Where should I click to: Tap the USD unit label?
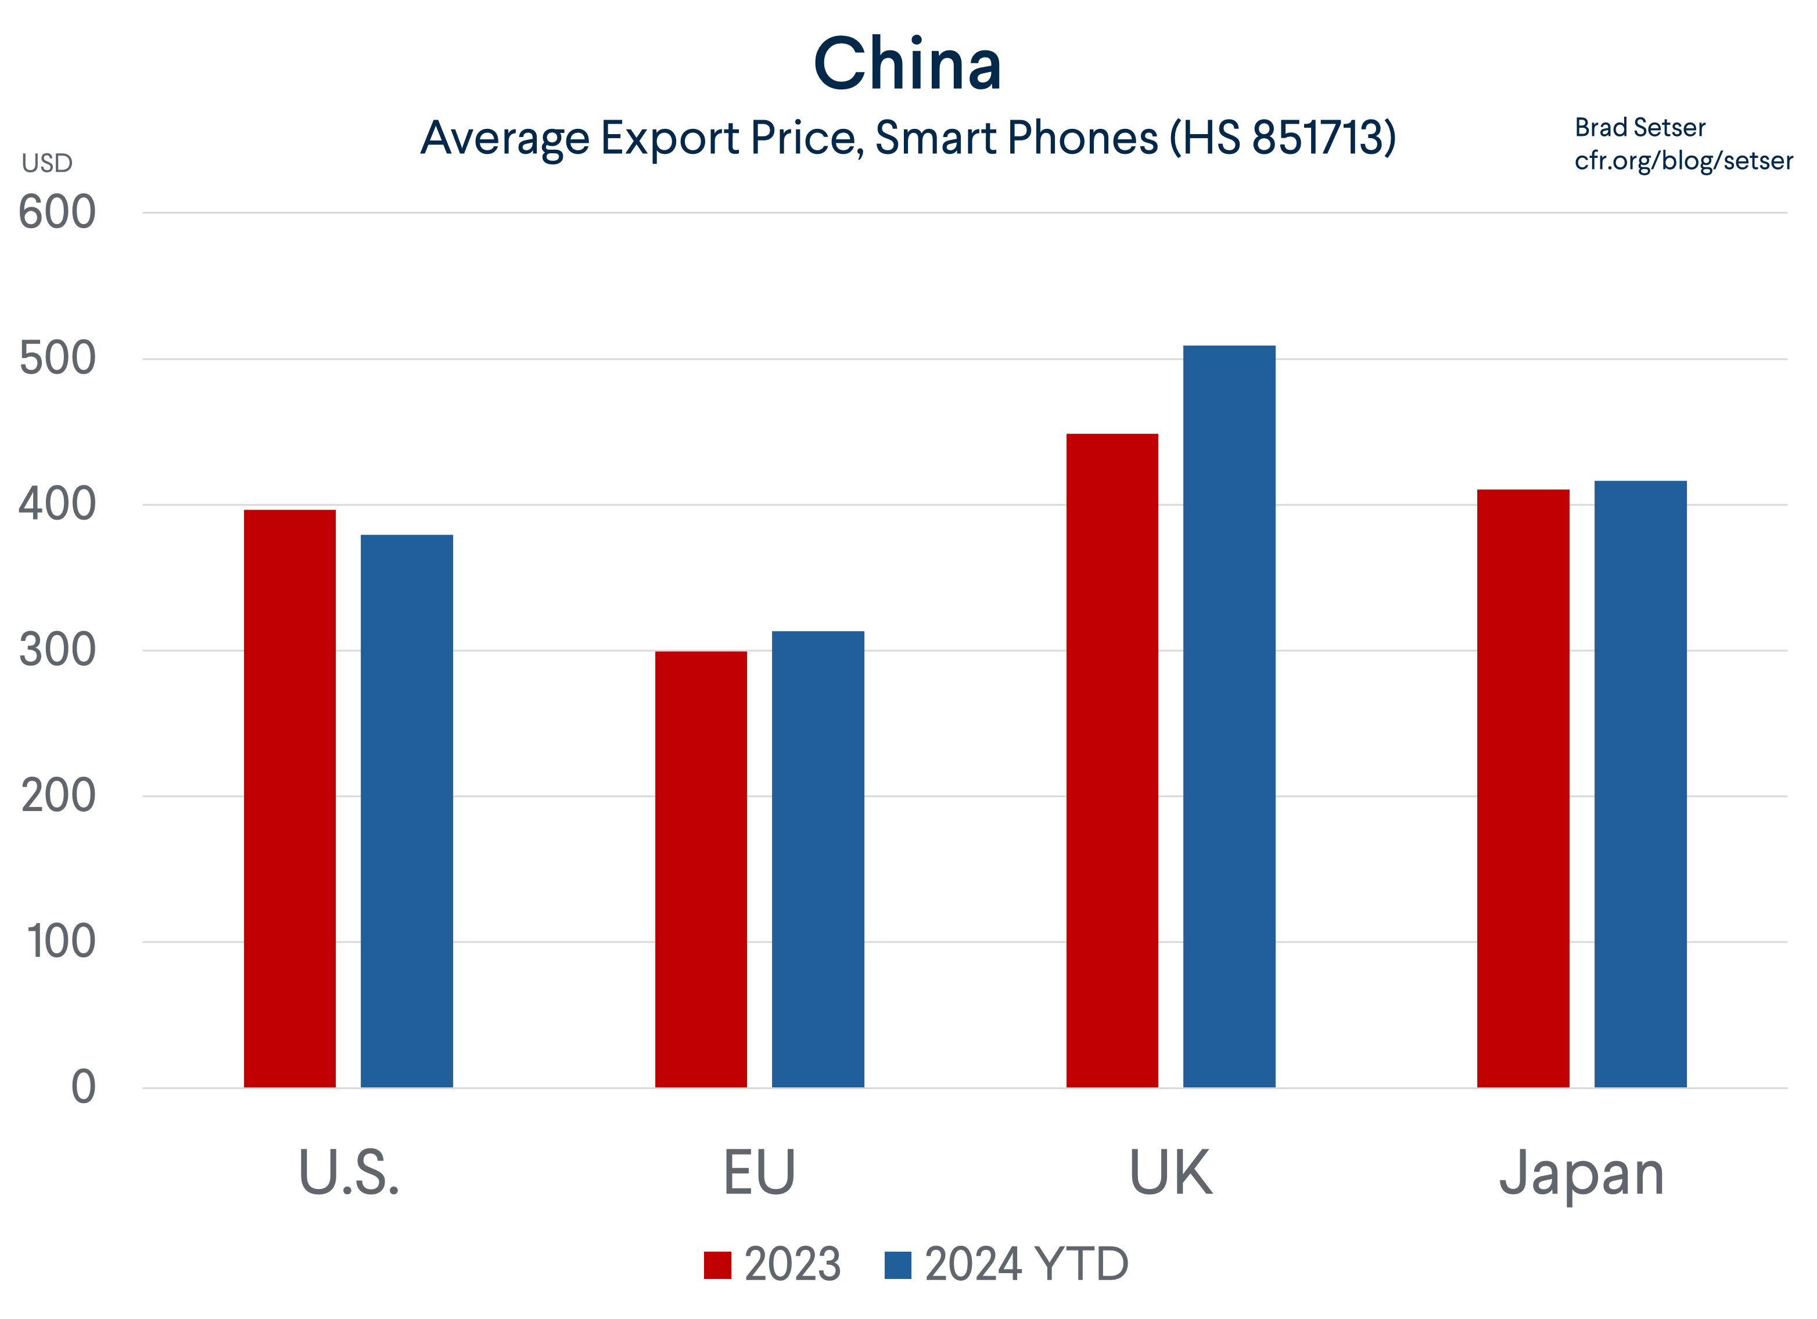[47, 163]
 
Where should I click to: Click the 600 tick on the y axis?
[57, 213]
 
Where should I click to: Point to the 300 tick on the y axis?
[57, 650]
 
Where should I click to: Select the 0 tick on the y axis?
[83, 1087]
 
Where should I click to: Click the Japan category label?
[1582, 1173]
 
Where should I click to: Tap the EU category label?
[759, 1173]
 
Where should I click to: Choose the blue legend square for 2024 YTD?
[897, 1266]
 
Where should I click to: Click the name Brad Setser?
[1640, 127]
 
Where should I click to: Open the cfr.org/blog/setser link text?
[1683, 161]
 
